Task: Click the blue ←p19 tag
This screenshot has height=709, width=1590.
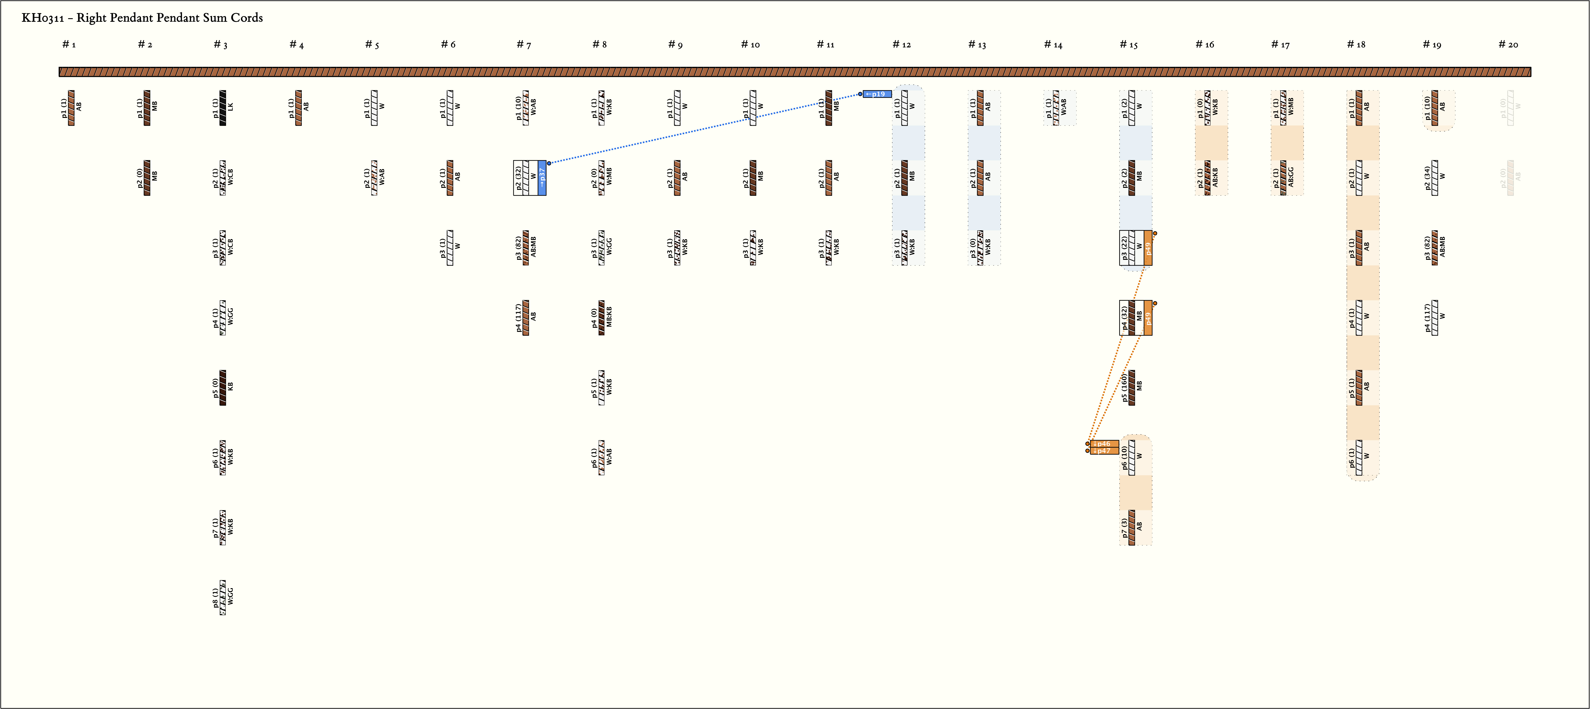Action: point(877,94)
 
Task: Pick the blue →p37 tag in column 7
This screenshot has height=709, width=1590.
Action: point(542,178)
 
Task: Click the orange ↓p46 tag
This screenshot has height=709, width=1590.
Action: point(1104,444)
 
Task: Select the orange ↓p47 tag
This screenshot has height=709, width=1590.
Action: point(1104,451)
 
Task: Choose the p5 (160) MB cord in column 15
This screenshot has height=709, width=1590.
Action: point(1131,387)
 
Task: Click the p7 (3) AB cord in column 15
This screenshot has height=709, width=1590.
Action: point(1131,527)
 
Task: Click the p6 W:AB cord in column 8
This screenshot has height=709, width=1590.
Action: point(601,458)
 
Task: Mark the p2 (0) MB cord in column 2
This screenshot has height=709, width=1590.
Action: point(147,178)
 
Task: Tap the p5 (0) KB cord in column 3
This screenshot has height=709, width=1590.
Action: point(223,387)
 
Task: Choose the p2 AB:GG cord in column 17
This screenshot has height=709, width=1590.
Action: point(1283,178)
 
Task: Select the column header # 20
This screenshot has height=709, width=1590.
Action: point(1508,44)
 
